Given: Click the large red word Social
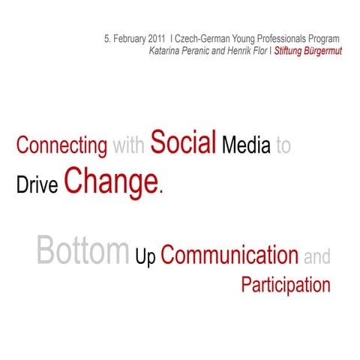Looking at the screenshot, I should [x=184, y=142].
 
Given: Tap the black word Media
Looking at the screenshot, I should [x=246, y=145].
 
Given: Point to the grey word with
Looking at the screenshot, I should [x=129, y=145].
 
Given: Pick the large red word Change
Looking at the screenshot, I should [x=112, y=181].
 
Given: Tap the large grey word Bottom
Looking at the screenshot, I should [x=82, y=252].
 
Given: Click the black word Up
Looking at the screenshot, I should [x=146, y=257].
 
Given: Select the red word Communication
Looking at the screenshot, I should [x=229, y=256].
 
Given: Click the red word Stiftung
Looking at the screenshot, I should [x=289, y=51].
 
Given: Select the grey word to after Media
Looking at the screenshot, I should [x=283, y=146].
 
